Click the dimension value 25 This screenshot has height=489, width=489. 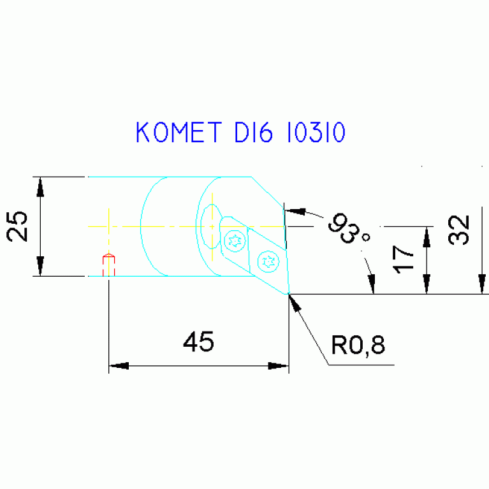(18, 226)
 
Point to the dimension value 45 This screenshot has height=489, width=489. (198, 342)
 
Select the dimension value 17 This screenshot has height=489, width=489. (404, 260)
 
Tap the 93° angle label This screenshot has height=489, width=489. (349, 231)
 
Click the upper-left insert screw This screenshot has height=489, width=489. (235, 240)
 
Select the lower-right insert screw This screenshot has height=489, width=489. (268, 260)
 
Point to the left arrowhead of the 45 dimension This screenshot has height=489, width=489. (119, 366)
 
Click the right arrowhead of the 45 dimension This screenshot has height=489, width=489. (279, 366)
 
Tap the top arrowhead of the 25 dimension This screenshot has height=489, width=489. (40, 186)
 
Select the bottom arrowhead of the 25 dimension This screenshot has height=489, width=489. (40, 266)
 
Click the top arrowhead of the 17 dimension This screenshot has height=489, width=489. (426, 236)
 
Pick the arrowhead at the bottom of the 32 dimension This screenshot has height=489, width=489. (482, 284)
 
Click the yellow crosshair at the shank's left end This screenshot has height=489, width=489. (109, 226)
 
